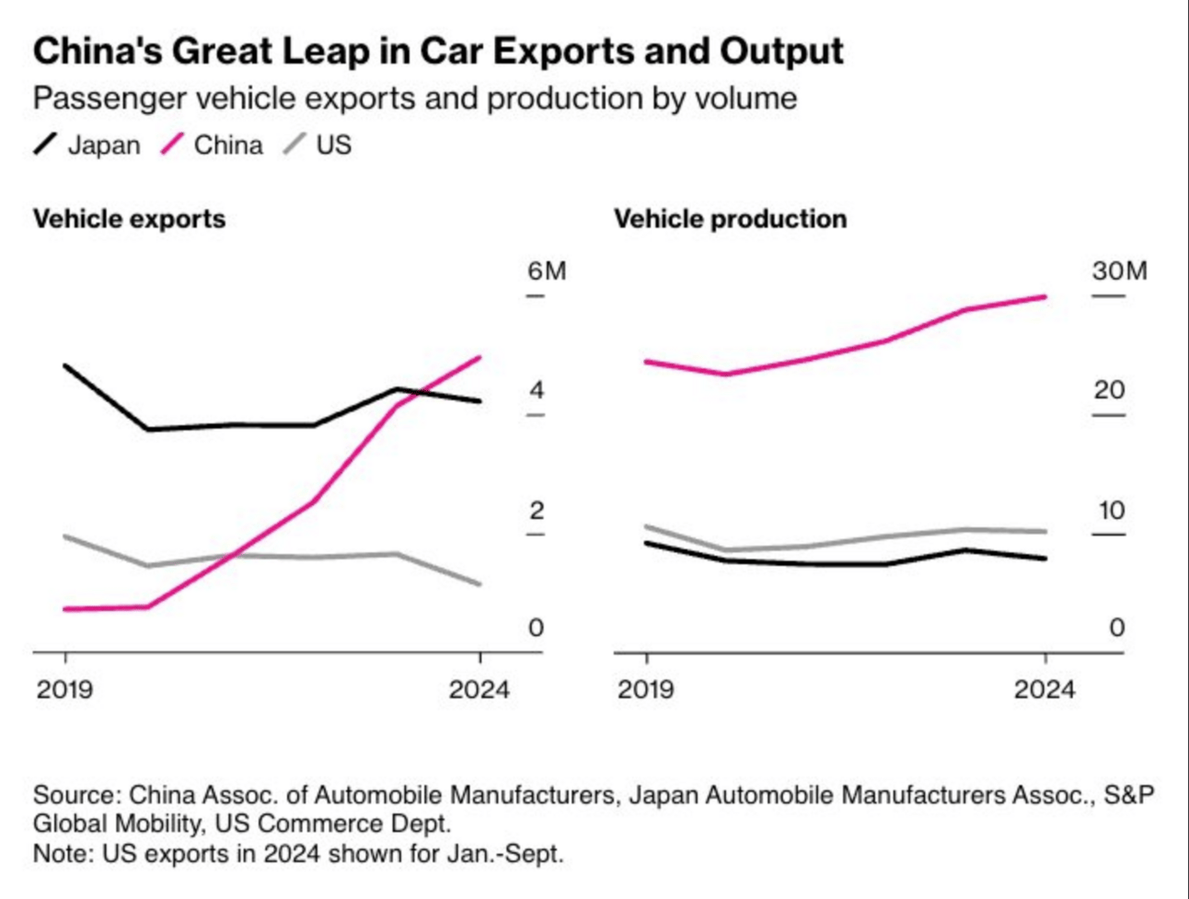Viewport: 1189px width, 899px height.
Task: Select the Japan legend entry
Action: click(87, 145)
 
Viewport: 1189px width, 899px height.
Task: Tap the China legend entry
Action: click(212, 145)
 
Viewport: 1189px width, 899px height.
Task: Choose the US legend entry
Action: click(317, 145)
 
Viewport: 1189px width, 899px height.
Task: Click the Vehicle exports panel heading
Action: click(130, 219)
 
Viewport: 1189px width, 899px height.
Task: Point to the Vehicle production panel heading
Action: click(730, 219)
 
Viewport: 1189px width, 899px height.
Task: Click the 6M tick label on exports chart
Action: click(547, 271)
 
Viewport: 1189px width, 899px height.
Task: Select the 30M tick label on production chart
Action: click(1120, 271)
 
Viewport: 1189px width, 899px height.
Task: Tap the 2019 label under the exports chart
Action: click(64, 690)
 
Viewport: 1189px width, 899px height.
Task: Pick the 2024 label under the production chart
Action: click(1045, 690)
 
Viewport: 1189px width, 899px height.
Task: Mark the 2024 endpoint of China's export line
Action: click(480, 357)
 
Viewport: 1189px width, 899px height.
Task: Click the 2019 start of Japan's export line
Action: click(65, 365)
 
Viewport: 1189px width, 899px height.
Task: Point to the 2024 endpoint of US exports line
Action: click(480, 584)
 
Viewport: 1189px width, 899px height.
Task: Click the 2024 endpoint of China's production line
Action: click(1045, 296)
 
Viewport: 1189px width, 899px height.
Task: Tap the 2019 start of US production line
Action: click(646, 525)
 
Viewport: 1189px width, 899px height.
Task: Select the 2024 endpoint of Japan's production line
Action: click(1045, 559)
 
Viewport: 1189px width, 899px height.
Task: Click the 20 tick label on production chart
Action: click(1109, 390)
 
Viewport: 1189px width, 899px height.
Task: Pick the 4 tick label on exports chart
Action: click(537, 390)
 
